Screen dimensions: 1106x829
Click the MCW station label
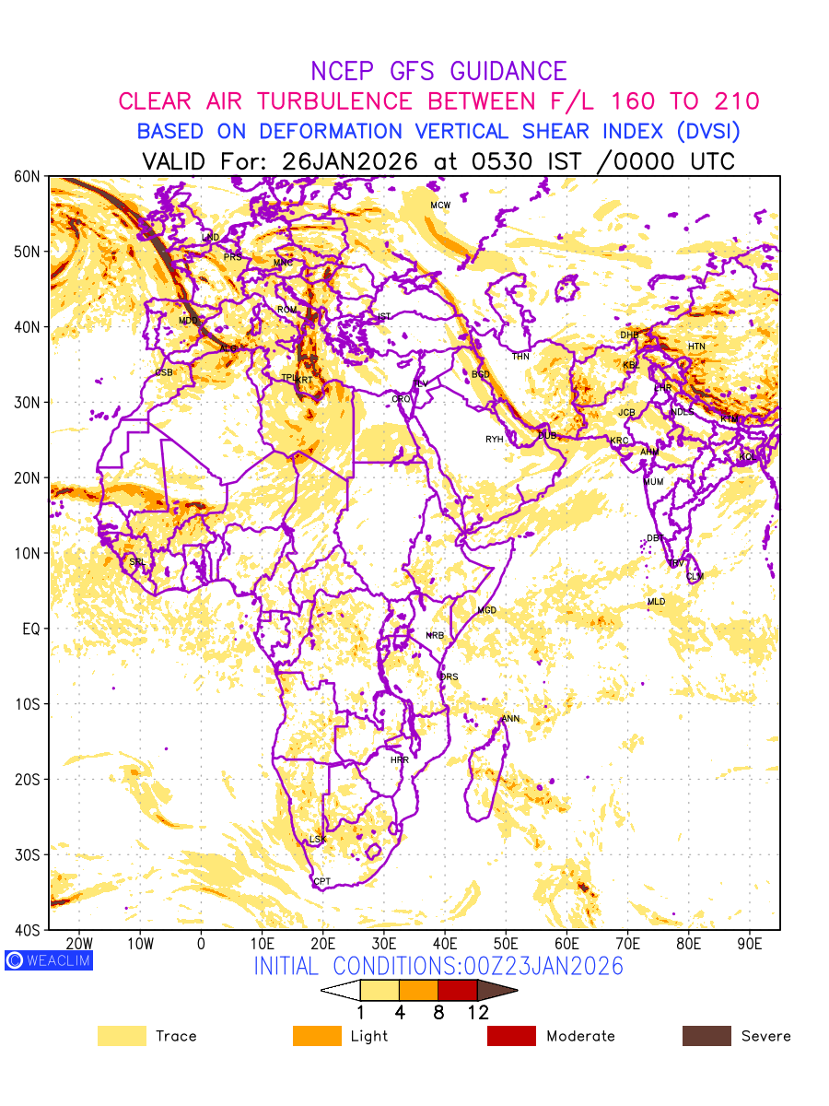tap(440, 205)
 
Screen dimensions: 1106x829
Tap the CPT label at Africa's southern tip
tap(321, 882)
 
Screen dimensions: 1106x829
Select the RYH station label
tap(495, 440)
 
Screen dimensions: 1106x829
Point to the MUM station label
tap(653, 482)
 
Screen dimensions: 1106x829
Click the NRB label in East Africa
tap(435, 636)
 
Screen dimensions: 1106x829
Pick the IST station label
tap(384, 316)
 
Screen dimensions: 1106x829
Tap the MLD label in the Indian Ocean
tap(656, 602)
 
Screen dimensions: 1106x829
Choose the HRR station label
tap(400, 760)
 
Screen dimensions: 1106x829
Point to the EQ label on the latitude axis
tap(31, 629)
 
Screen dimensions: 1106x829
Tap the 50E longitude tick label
tap(506, 944)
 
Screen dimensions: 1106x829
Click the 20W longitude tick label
tap(79, 944)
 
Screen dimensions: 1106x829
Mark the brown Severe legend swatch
tap(706, 1036)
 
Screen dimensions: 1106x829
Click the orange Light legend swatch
tap(317, 1036)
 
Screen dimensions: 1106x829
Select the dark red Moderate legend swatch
tap(511, 1036)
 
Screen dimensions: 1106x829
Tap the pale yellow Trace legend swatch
tap(122, 1036)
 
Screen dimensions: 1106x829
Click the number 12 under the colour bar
tap(477, 1013)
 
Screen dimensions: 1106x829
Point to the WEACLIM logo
tap(48, 960)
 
